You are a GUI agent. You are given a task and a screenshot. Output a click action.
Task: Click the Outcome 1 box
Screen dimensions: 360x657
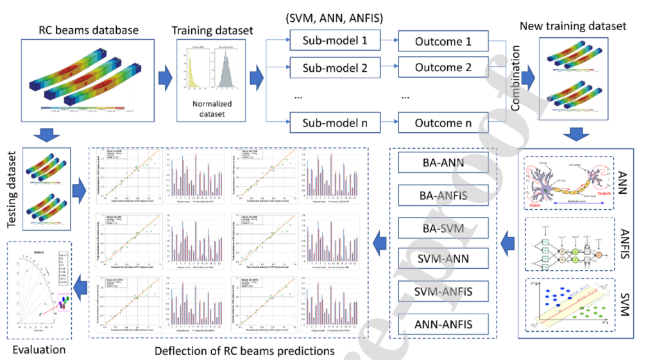[x=442, y=40]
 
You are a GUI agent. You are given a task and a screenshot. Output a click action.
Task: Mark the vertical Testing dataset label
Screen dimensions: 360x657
[x=12, y=189]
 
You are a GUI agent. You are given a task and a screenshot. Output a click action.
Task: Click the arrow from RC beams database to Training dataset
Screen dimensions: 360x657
[x=160, y=77]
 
